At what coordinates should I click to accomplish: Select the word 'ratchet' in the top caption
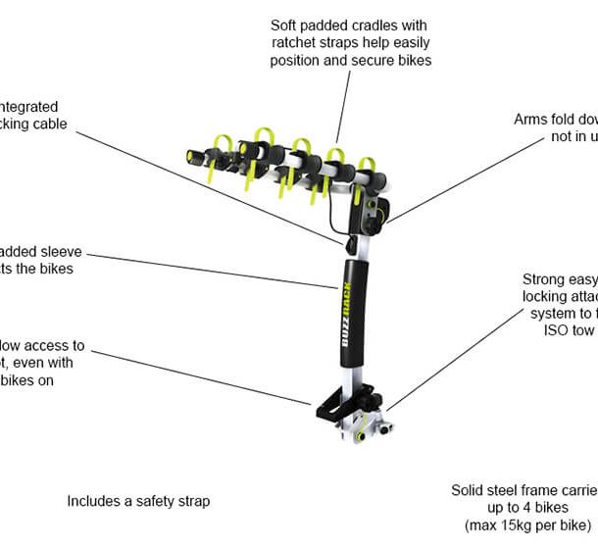pyautogui.click(x=294, y=42)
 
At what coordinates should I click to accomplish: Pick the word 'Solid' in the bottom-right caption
pyautogui.click(x=469, y=489)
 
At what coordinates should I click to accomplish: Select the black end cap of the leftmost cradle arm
pyautogui.click(x=191, y=154)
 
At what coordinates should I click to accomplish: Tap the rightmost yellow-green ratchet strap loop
pyautogui.click(x=368, y=169)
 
